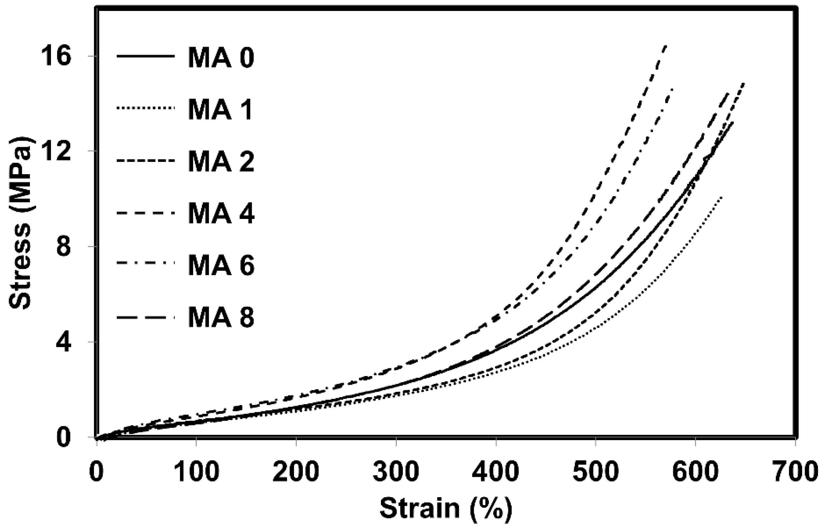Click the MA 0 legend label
coord(221,58)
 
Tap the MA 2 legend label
coord(221,162)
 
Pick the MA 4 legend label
coord(221,214)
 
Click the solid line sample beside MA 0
coord(145,56)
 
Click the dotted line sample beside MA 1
coord(145,108)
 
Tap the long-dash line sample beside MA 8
coord(145,316)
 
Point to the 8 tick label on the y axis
coord(64,247)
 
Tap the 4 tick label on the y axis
coord(64,342)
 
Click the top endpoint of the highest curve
coord(666,46)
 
